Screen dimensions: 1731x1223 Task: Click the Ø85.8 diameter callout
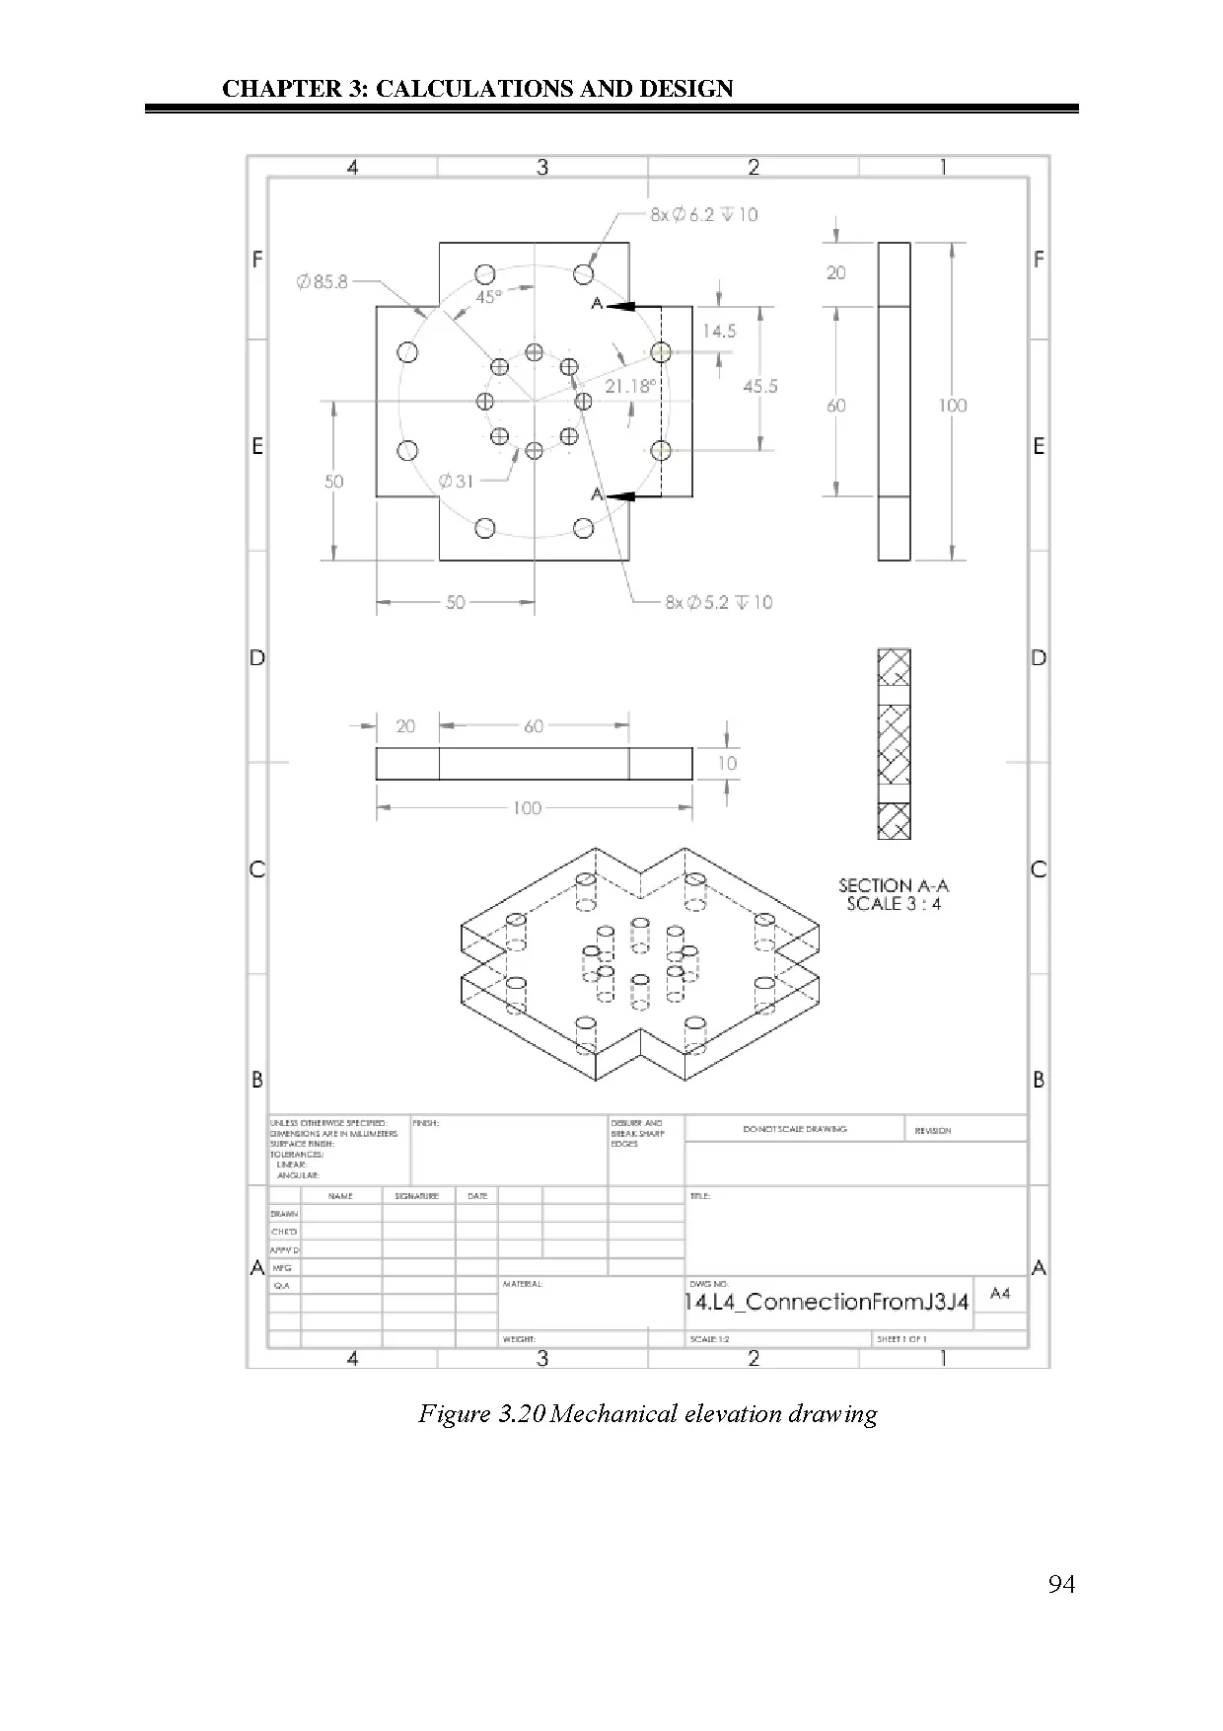[x=323, y=282]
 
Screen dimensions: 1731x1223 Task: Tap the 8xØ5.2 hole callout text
[x=719, y=602]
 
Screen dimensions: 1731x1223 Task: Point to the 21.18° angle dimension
[x=629, y=386]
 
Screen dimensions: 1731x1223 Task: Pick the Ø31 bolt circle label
[x=457, y=482]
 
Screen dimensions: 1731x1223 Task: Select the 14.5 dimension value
[x=719, y=332]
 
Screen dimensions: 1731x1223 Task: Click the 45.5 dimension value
[x=759, y=386]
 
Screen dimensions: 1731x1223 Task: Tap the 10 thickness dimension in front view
[x=727, y=763]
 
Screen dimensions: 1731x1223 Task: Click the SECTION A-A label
[x=894, y=885]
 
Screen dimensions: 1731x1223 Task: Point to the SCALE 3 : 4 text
[x=894, y=904]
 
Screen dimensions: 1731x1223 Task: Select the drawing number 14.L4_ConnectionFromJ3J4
[x=827, y=1302]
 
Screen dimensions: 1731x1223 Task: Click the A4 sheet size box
[x=1000, y=1294]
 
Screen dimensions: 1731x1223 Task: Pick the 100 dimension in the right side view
[x=953, y=406]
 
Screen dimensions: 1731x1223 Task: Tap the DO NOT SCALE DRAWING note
[x=795, y=1129]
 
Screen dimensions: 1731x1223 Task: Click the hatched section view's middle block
[x=894, y=744]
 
